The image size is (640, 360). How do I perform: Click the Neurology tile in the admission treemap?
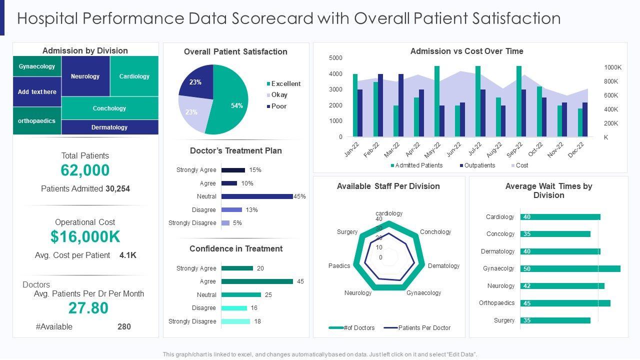pyautogui.click(x=85, y=76)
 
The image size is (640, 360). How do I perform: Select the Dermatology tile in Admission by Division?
pyautogui.click(x=109, y=127)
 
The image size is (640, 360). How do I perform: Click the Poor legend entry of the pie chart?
pyautogui.click(x=278, y=106)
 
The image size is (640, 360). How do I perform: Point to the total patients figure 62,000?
pyautogui.click(x=85, y=170)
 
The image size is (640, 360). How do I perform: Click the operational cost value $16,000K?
pyautogui.click(x=85, y=236)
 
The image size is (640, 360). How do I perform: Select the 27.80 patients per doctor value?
pyautogui.click(x=88, y=308)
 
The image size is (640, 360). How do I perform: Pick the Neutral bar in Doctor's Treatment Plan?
pyautogui.click(x=257, y=196)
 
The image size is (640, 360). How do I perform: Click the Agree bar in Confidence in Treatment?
pyautogui.click(x=257, y=281)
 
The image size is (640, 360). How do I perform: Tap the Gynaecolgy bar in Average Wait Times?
pyautogui.click(x=570, y=268)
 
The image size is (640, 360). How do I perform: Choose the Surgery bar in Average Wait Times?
pyautogui.click(x=555, y=320)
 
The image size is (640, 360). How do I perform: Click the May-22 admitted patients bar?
pyautogui.click(x=437, y=101)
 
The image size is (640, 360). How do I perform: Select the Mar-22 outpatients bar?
pyautogui.click(x=401, y=105)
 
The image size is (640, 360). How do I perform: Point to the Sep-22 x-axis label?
pyautogui.click(x=515, y=149)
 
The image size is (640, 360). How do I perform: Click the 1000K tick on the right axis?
pyautogui.click(x=612, y=67)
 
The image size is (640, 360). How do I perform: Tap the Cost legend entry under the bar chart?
pyautogui.click(x=521, y=165)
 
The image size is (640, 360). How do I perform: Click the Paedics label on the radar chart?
pyautogui.click(x=339, y=266)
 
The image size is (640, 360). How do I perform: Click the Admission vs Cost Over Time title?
pyautogui.click(x=466, y=51)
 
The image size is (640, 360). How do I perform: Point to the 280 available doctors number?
pyautogui.click(x=124, y=327)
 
